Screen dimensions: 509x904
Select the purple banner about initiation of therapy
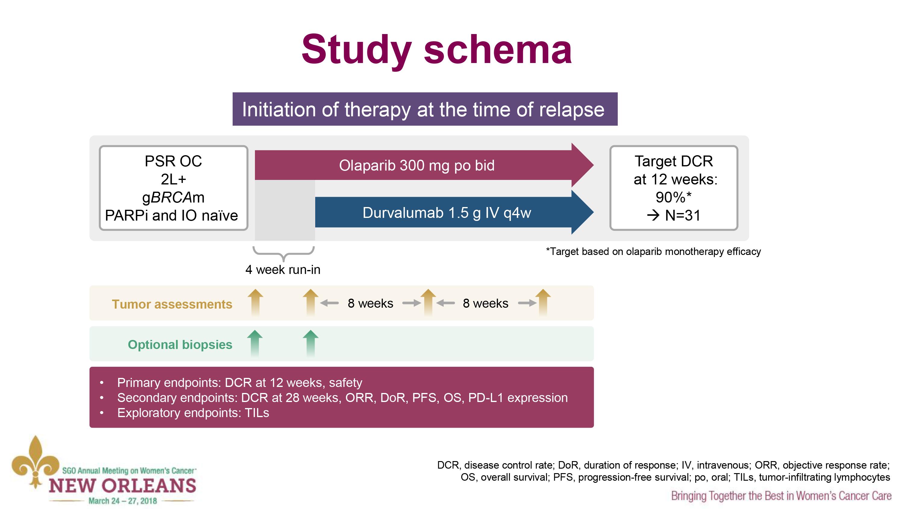click(x=425, y=109)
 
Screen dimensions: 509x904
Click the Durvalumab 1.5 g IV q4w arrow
click(x=446, y=213)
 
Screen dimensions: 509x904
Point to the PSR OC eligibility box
click(x=173, y=188)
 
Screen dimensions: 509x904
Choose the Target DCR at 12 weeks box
click(x=673, y=188)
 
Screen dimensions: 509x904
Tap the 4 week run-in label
click(x=283, y=270)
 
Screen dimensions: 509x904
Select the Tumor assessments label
click(x=172, y=304)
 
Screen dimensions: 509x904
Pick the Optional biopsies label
click(x=180, y=345)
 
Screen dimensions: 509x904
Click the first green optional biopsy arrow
click(x=255, y=343)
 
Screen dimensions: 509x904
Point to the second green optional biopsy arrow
click(x=311, y=343)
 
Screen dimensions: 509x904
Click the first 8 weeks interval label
click(x=370, y=303)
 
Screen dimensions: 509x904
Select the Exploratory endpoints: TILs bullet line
click(x=193, y=413)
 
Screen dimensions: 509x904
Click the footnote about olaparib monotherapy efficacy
click(x=653, y=252)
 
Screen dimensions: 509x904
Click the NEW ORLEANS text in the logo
click(x=122, y=486)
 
